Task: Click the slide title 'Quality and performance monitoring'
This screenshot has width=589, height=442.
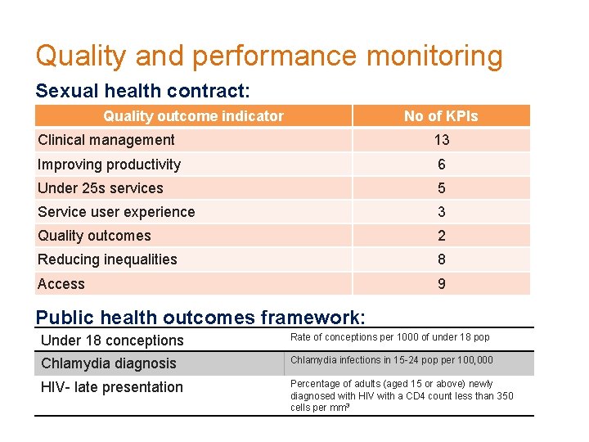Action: click(x=268, y=56)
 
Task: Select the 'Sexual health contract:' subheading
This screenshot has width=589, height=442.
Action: click(x=142, y=90)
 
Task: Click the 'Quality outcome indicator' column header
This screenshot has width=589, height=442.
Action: click(x=193, y=116)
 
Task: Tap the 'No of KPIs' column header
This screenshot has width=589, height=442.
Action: click(x=441, y=116)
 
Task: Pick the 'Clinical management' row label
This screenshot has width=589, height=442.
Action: click(x=106, y=140)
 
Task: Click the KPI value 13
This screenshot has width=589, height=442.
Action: click(x=441, y=140)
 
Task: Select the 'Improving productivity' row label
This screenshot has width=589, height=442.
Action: click(x=109, y=165)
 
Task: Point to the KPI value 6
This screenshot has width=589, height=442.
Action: click(x=441, y=165)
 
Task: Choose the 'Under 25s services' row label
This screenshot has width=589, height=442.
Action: click(x=100, y=188)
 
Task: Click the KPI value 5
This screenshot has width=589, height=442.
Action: click(x=441, y=188)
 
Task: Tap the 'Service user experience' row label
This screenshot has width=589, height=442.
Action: click(x=116, y=212)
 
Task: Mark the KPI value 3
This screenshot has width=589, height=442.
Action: click(x=441, y=212)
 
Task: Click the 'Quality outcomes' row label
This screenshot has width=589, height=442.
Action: click(x=94, y=236)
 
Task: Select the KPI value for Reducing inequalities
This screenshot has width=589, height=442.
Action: click(x=441, y=259)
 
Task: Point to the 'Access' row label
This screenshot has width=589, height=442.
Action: click(x=61, y=284)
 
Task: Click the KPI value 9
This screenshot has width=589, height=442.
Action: click(x=441, y=284)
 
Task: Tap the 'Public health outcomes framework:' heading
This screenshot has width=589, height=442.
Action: click(x=200, y=318)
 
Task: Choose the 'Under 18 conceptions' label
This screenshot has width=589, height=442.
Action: click(x=112, y=341)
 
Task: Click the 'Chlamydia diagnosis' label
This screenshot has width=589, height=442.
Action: click(x=108, y=363)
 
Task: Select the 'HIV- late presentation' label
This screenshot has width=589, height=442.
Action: click(x=111, y=387)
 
